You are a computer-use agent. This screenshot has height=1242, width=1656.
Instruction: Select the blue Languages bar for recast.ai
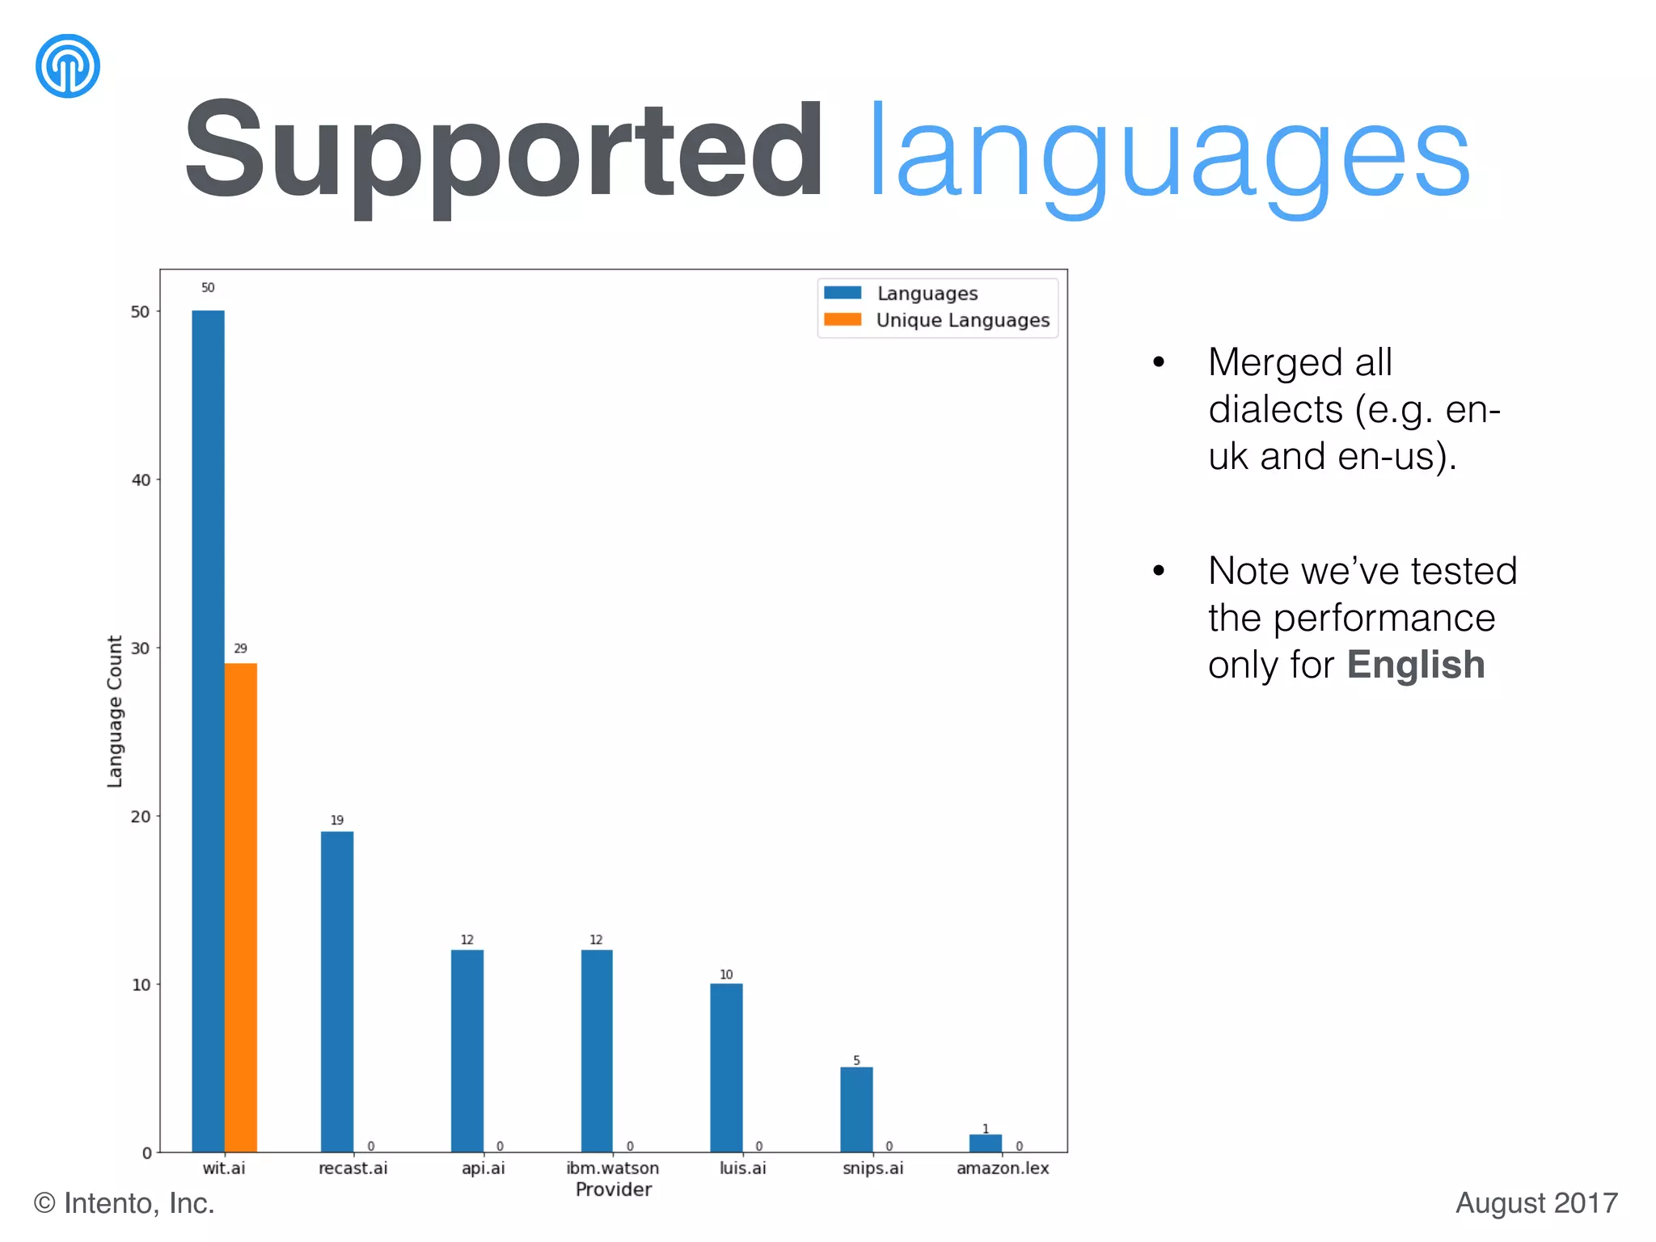click(x=336, y=991)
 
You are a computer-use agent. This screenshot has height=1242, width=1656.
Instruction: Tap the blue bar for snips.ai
click(x=856, y=1109)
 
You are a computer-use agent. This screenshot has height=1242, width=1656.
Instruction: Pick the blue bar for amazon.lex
click(x=985, y=1143)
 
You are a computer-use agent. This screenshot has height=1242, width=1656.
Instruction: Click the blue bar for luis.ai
click(x=726, y=1067)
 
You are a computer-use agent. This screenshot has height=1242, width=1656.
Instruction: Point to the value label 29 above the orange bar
click(x=240, y=648)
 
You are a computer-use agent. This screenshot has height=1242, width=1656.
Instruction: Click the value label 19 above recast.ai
click(x=336, y=820)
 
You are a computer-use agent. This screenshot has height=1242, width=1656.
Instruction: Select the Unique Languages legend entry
click(x=962, y=320)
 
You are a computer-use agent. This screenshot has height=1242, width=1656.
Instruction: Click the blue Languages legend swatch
click(x=843, y=293)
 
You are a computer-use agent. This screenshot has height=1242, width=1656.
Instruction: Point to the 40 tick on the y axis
click(x=141, y=480)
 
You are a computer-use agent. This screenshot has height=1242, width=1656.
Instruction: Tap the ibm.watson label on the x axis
click(x=612, y=1168)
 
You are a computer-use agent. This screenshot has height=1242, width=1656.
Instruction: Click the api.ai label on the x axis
click(x=483, y=1168)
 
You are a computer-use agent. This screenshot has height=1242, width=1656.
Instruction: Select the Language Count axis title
click(x=115, y=711)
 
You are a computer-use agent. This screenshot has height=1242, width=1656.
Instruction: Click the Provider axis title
click(x=613, y=1189)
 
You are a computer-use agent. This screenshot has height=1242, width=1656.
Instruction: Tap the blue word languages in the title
click(x=1168, y=154)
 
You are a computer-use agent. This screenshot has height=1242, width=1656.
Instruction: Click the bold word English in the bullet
click(x=1415, y=665)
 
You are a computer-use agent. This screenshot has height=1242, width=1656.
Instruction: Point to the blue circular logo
click(x=68, y=65)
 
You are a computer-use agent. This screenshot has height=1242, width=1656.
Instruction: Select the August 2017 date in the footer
click(x=1536, y=1203)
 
